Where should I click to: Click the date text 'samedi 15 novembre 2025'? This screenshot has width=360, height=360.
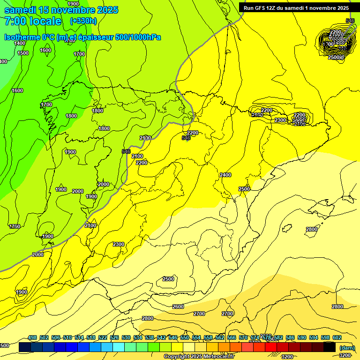click(61, 10)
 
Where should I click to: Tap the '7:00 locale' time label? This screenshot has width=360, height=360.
click(33, 21)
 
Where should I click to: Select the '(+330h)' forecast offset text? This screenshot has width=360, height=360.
click(83, 21)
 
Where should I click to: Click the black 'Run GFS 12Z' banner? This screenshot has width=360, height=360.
click(296, 7)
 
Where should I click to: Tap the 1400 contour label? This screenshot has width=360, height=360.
click(20, 44)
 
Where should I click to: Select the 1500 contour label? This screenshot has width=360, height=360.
click(23, 53)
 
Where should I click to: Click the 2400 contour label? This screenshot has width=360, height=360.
click(225, 175)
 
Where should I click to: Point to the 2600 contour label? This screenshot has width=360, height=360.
click(178, 307)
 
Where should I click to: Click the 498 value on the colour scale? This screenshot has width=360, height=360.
click(32, 337)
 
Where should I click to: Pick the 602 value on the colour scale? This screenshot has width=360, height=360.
click(337, 337)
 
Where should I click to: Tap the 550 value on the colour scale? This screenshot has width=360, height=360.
click(185, 337)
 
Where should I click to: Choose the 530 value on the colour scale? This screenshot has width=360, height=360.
click(126, 337)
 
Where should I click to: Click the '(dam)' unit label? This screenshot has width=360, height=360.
click(347, 348)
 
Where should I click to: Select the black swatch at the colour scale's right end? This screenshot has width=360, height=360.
click(329, 347)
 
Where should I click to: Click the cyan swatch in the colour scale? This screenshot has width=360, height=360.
click(118, 347)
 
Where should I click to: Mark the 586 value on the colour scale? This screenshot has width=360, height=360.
click(290, 337)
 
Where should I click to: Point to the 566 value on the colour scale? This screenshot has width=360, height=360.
click(232, 337)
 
